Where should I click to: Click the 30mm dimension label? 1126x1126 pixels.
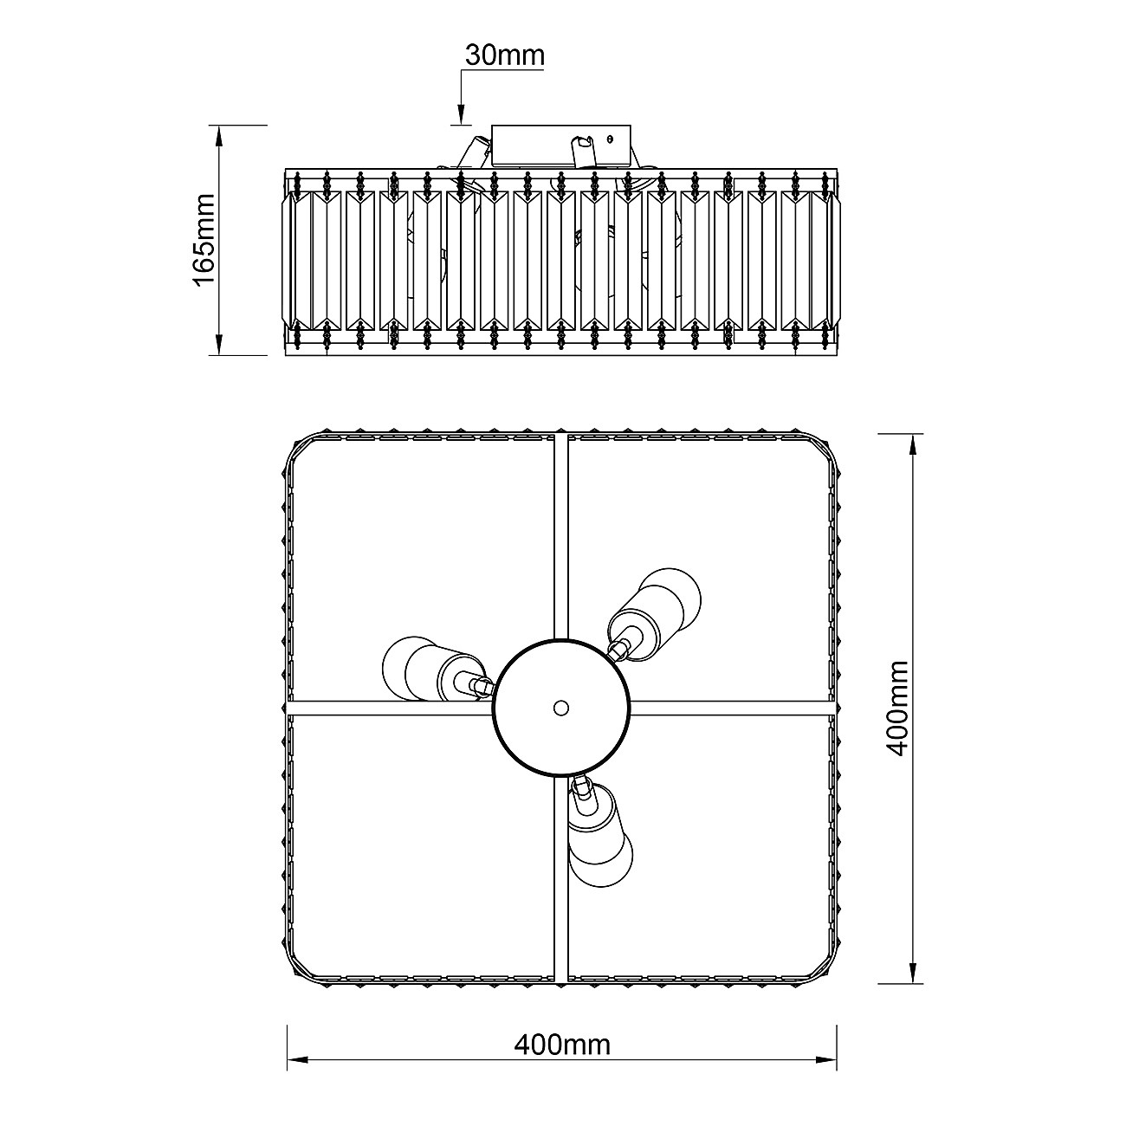[x=505, y=55]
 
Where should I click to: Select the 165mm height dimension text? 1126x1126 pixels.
[x=204, y=240]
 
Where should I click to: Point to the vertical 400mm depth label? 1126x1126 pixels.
[x=897, y=709]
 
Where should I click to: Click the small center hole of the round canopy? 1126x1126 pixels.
[x=561, y=709]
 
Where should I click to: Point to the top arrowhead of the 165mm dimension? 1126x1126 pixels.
[x=220, y=136]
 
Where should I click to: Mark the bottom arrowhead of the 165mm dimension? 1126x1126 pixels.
[x=220, y=344]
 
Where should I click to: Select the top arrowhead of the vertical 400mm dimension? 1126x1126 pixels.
[x=913, y=444]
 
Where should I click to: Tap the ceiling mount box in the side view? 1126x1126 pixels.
[x=561, y=146]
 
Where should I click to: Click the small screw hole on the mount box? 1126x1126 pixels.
[x=610, y=139]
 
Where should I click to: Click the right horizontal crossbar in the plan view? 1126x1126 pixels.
[x=732, y=709]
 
